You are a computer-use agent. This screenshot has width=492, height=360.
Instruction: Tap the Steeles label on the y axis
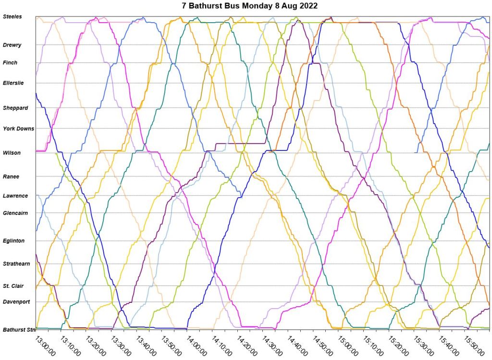[x=12, y=17]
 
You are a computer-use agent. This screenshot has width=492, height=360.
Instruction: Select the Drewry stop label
[x=12, y=45]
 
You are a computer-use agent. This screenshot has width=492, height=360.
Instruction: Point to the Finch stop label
[x=10, y=62]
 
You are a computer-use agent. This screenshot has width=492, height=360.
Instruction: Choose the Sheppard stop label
[x=15, y=108]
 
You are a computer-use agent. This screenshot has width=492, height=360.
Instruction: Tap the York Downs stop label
[x=18, y=128]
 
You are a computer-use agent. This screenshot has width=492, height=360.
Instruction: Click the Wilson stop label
[x=12, y=153]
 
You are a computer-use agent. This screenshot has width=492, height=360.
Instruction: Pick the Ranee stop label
[x=11, y=176]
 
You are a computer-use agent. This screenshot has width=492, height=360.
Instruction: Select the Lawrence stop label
[x=15, y=196]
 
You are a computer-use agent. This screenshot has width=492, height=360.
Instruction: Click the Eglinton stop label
[x=13, y=240]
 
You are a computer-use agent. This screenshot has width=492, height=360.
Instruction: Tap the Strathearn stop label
[x=16, y=263]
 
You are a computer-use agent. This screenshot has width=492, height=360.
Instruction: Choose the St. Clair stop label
[x=13, y=286]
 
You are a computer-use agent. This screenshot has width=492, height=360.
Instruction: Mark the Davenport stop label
[x=16, y=302]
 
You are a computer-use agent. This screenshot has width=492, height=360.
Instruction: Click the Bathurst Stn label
[x=19, y=330]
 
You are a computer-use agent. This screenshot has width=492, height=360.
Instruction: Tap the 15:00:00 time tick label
[x=345, y=345]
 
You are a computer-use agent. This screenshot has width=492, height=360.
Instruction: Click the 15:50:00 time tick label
[x=471, y=345]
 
